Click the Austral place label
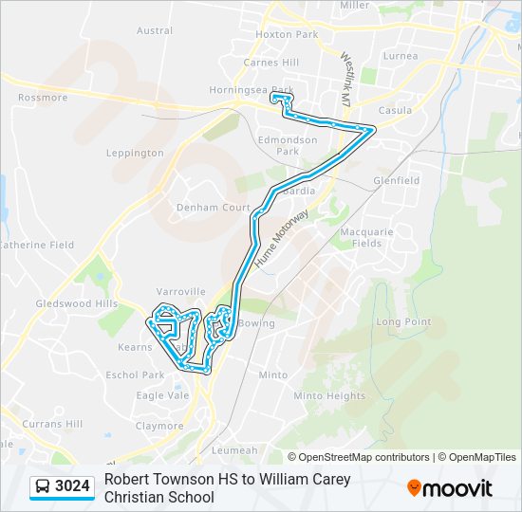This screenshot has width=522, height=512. [155, 30]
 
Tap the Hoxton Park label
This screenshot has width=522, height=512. [287, 34]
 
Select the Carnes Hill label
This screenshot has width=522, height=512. [270, 63]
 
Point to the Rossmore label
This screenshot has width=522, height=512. [43, 98]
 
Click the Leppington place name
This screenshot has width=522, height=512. [135, 153]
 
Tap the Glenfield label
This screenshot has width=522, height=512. [397, 180]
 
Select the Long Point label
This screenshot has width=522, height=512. [403, 322]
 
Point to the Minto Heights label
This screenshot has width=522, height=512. [329, 396]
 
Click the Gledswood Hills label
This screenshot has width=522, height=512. [76, 303]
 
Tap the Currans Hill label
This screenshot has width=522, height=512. [53, 423]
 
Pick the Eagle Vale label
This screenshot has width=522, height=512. [162, 396]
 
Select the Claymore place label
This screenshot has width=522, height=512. [159, 426]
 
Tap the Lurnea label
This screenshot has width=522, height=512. [401, 56]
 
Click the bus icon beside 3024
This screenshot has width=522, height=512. [43, 487]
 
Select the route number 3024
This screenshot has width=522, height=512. [73, 487]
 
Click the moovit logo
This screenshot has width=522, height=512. [450, 488]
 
